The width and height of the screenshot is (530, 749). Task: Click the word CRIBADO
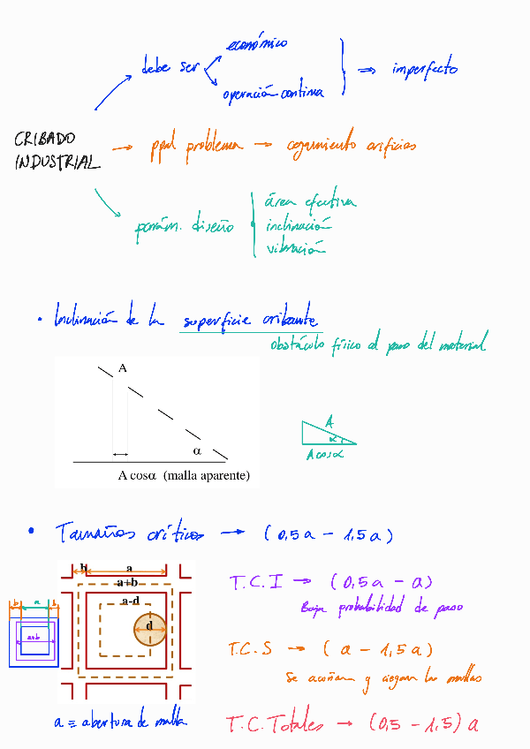click(45, 139)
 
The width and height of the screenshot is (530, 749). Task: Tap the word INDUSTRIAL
click(57, 163)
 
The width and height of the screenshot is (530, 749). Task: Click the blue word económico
click(256, 44)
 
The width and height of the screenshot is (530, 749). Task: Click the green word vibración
click(291, 249)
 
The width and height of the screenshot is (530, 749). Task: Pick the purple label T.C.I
click(256, 583)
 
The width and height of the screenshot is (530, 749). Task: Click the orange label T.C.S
click(250, 649)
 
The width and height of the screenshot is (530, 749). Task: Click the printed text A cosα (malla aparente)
click(184, 475)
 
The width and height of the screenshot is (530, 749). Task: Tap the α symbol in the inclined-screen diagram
click(197, 450)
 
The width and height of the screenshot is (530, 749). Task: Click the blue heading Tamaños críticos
click(128, 533)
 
